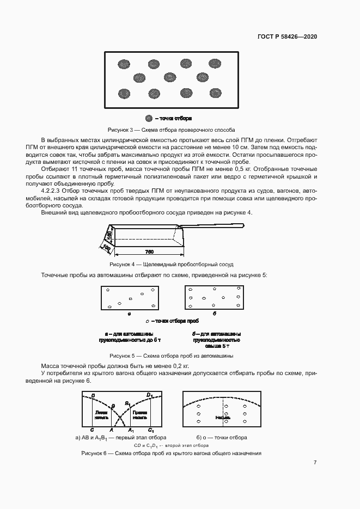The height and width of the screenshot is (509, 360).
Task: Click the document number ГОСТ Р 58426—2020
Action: (x=287, y=36)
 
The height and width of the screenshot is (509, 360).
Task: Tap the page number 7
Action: (x=315, y=463)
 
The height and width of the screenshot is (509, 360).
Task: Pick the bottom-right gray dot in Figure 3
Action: (x=216, y=93)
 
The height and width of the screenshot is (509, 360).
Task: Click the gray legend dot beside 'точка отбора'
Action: (x=148, y=118)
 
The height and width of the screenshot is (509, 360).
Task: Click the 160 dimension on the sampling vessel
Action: (x=109, y=236)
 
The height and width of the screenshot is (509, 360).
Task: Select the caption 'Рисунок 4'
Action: (x=123, y=264)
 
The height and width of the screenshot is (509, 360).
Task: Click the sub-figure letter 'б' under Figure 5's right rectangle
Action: (x=215, y=314)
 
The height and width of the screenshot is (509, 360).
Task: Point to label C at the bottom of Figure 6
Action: (x=91, y=430)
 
